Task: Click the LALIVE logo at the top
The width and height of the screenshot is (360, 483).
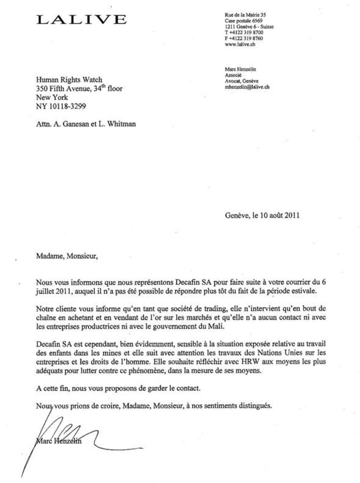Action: click(x=81, y=20)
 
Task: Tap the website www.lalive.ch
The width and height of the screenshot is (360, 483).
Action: click(x=240, y=44)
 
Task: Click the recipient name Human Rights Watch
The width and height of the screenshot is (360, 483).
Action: click(x=69, y=80)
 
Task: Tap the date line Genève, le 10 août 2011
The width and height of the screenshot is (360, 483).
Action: click(x=262, y=215)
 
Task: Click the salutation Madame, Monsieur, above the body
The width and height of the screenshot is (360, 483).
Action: click(x=67, y=256)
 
